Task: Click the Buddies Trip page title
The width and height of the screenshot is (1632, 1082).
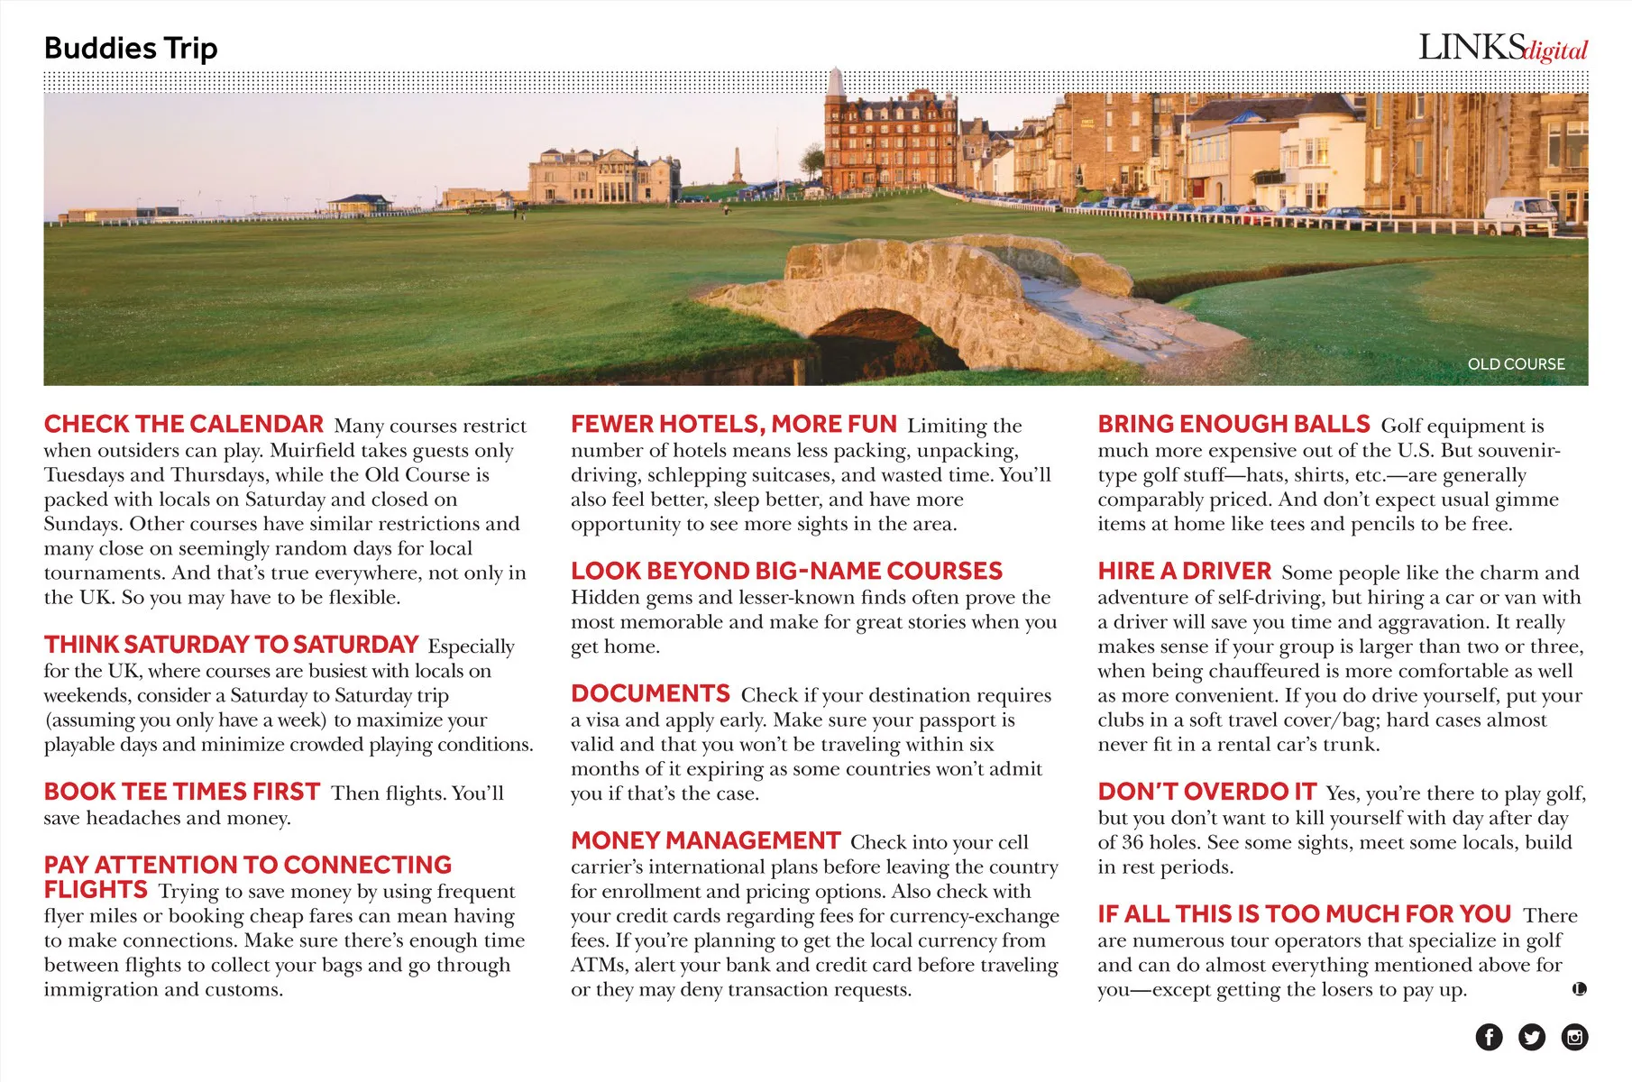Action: pos(131,48)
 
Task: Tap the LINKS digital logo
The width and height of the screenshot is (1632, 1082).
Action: pos(1502,48)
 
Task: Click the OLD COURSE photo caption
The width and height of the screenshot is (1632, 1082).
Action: pos(1516,364)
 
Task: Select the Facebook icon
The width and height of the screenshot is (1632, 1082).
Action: pos(1489,1037)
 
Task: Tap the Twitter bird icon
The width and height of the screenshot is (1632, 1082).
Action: pos(1531,1037)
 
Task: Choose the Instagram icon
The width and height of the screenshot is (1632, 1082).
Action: pos(1574,1037)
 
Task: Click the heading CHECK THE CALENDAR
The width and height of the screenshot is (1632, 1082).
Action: pos(183,424)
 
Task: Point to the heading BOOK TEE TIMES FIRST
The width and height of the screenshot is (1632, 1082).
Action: pos(181,792)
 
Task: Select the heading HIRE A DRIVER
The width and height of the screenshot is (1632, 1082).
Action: pos(1184,571)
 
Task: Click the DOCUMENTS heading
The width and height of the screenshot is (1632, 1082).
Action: pos(650,693)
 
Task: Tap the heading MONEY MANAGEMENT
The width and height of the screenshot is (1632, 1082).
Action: pos(705,840)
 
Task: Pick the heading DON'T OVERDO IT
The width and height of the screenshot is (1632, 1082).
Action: pos(1206,792)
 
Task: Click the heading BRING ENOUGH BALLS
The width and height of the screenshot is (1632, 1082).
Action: pos(1233,424)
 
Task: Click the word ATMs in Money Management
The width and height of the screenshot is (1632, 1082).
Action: pos(599,965)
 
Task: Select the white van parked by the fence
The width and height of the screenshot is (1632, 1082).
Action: pos(1520,216)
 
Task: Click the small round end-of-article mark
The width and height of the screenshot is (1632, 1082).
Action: pos(1579,989)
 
